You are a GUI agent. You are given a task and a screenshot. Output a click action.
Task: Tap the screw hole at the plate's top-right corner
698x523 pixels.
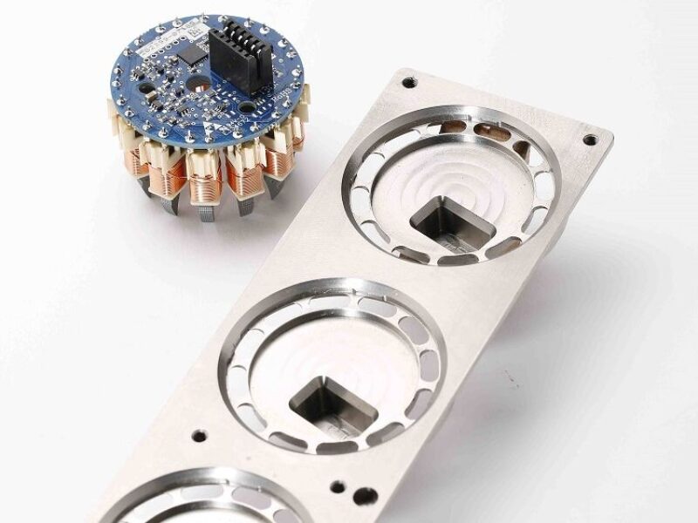[x=590, y=138]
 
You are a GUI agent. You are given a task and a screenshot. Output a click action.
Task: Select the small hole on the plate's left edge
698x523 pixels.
[x=200, y=433]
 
